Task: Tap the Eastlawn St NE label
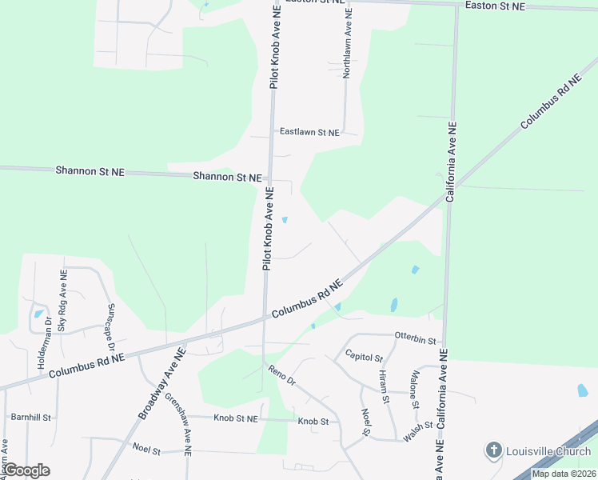pyautogui.click(x=309, y=132)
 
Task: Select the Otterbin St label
pyautogui.click(x=417, y=340)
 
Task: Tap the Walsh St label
pyautogui.click(x=418, y=426)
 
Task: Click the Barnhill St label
pyautogui.click(x=30, y=418)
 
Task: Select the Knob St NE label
pyautogui.click(x=236, y=418)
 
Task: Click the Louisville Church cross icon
pyautogui.click(x=494, y=451)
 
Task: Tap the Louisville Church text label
pyautogui.click(x=548, y=451)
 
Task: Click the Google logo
pyautogui.click(x=26, y=470)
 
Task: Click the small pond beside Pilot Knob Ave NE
pyautogui.click(x=285, y=221)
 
